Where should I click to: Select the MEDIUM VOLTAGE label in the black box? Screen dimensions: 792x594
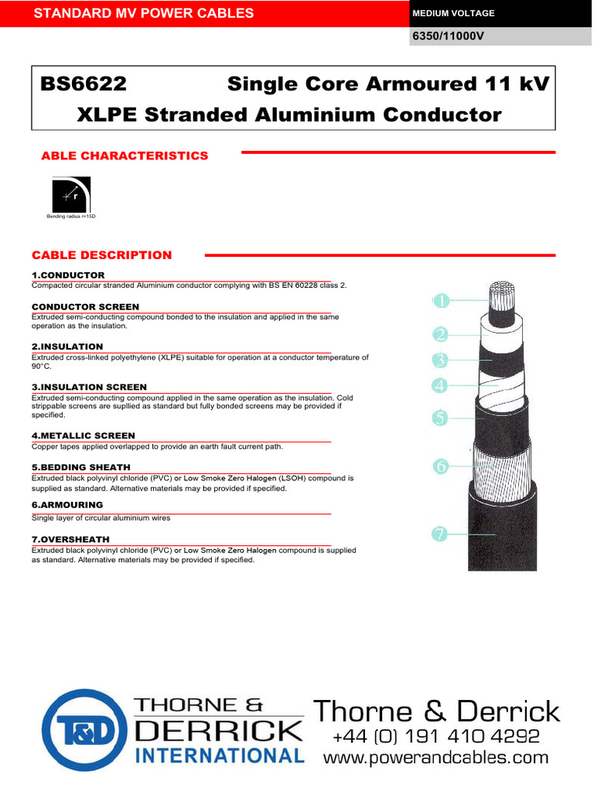[454, 13]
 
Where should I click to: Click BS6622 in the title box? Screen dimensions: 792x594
[83, 84]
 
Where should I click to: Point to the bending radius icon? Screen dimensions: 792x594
[71, 195]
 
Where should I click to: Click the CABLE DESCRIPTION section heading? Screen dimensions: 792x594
[101, 255]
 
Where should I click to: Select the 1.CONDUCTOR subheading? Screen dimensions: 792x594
[68, 275]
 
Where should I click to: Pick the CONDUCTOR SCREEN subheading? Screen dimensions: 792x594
[85, 307]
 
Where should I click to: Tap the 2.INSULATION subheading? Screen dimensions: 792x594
[67, 347]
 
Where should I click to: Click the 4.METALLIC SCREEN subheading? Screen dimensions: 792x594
[83, 436]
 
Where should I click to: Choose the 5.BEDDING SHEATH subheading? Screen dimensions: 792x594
[81, 468]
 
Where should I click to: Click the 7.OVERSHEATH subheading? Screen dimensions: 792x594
[70, 539]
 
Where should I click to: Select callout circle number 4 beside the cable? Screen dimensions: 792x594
[441, 384]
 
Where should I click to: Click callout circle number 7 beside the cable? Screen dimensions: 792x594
[441, 534]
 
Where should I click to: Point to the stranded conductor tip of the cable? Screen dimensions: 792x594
[502, 295]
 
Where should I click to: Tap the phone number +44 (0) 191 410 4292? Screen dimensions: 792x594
[435, 736]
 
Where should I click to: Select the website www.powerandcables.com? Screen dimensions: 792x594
[435, 758]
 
